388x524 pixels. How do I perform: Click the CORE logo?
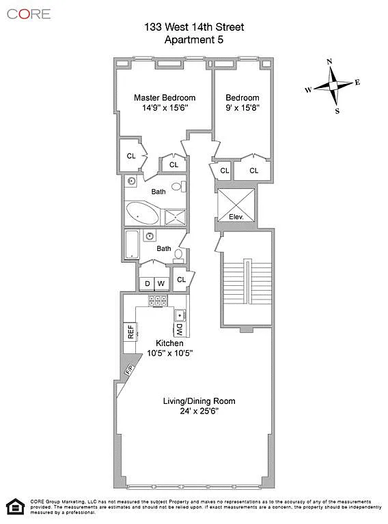(29, 14)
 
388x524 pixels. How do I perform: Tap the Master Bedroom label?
(165, 98)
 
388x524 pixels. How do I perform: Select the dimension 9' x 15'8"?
(242, 108)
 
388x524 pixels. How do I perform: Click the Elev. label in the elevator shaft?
(236, 217)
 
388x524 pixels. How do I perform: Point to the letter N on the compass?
(329, 61)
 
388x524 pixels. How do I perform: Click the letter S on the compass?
(337, 111)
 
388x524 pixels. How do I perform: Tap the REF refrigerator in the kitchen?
(130, 332)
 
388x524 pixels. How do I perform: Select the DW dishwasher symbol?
(180, 330)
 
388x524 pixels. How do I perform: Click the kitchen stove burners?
(158, 300)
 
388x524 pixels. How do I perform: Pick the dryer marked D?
(147, 284)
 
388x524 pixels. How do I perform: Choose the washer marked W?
(161, 284)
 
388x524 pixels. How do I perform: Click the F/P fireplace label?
(129, 369)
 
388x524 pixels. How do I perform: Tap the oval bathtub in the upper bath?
(142, 213)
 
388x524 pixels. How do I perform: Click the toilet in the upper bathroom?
(178, 186)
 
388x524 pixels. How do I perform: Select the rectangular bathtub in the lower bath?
(132, 244)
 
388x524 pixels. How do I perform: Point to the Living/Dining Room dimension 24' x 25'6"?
(199, 411)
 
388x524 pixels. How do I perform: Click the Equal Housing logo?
(16, 507)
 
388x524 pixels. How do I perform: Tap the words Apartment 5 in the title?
(194, 40)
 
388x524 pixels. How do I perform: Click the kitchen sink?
(180, 315)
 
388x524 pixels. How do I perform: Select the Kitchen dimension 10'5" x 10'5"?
(170, 353)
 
